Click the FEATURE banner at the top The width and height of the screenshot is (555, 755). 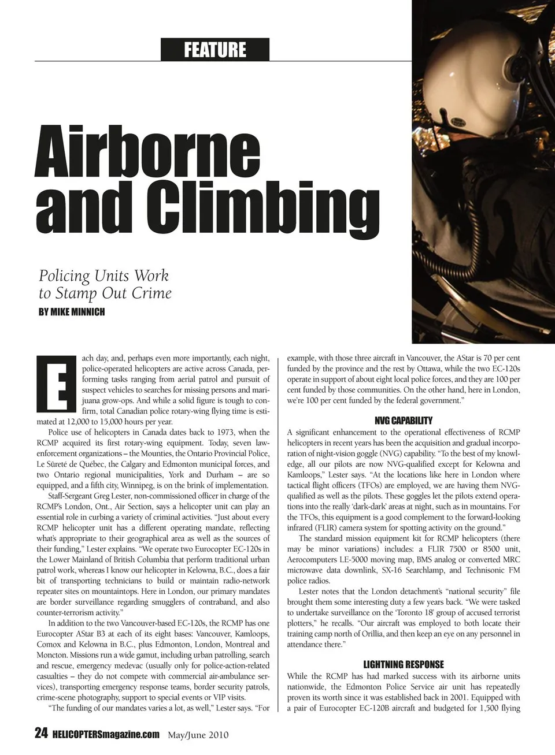pyautogui.click(x=215, y=50)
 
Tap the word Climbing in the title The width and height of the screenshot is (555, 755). pyautogui.click(x=262, y=206)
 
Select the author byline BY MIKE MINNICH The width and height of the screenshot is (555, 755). pyautogui.click(x=72, y=312)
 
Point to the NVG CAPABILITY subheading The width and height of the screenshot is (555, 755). pyautogui.click(x=403, y=421)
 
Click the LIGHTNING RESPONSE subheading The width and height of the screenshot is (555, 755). pyautogui.click(x=404, y=665)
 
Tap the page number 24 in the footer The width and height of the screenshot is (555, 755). pyautogui.click(x=41, y=734)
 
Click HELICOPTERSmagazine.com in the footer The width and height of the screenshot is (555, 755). pyautogui.click(x=105, y=734)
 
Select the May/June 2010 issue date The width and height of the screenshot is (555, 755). pyautogui.click(x=198, y=735)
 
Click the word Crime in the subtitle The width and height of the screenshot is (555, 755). pyautogui.click(x=151, y=293)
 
